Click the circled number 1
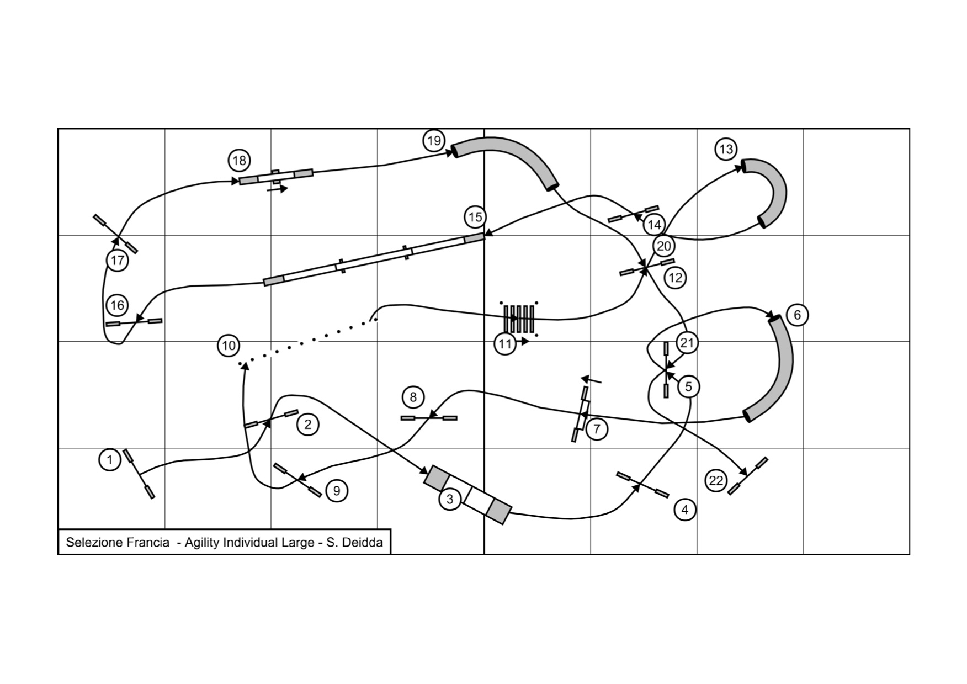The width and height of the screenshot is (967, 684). [110, 460]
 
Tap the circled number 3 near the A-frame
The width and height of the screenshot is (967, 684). [450, 500]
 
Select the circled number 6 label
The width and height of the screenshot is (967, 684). [797, 315]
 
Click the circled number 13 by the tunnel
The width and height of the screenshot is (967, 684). [726, 149]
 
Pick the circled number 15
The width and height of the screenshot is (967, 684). [475, 218]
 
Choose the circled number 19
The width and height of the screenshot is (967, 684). [434, 140]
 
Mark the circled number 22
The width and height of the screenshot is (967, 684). [715, 481]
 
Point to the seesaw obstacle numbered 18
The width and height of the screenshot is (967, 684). [276, 177]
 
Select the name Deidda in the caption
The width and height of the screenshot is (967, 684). [362, 543]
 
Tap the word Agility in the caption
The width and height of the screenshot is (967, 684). [202, 543]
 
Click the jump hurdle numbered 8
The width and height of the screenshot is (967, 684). [429, 418]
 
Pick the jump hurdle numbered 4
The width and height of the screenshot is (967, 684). [642, 485]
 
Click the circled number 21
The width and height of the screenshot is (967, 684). [687, 343]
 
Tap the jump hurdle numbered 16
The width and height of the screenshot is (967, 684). [134, 321]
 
